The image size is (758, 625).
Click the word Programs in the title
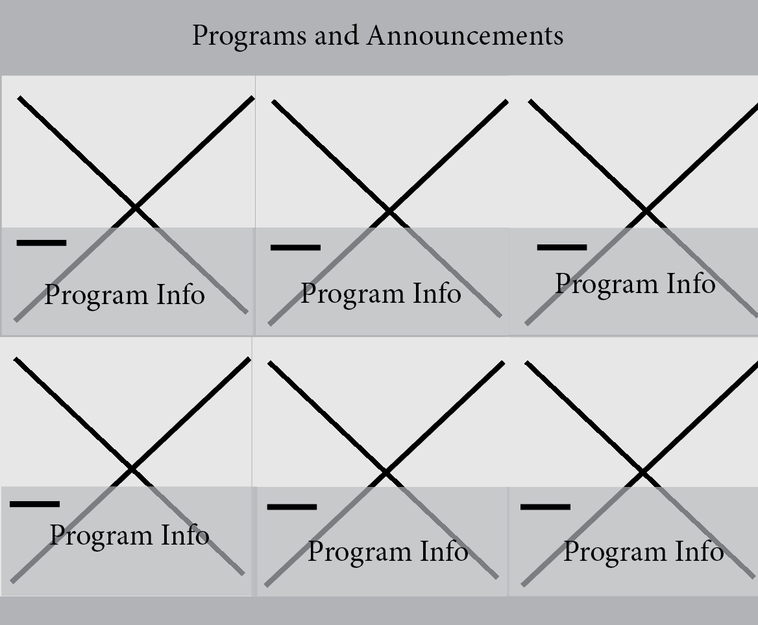[x=249, y=36]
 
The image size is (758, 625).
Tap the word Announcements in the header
[x=465, y=35]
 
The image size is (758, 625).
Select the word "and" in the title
[x=336, y=35]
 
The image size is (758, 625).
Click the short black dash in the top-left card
[x=42, y=243]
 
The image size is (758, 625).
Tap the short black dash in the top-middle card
[x=295, y=248]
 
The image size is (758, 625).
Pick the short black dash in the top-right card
[x=562, y=247]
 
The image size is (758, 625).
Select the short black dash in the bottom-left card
[x=35, y=504]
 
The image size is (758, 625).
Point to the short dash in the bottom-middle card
[x=292, y=507]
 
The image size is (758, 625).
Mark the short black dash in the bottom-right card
[x=546, y=507]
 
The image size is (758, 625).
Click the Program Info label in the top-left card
[x=125, y=295]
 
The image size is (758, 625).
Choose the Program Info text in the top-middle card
[x=381, y=294]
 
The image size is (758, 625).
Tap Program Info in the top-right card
[x=635, y=284]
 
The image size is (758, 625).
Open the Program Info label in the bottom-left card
[x=129, y=536]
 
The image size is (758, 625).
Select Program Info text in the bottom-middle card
[x=387, y=552]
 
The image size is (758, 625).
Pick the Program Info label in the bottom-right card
[x=643, y=552]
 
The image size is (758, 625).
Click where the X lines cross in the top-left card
[x=135, y=207]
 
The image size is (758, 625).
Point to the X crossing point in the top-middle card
[x=389, y=211]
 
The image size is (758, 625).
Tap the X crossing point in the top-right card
[x=646, y=211]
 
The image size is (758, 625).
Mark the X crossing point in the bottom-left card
[x=131, y=468]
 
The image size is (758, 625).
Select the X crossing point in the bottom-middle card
[x=385, y=473]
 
